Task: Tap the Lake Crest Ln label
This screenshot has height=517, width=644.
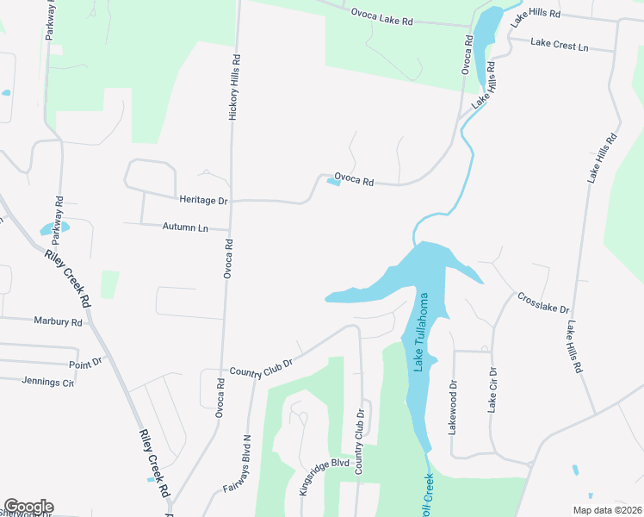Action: [559, 42]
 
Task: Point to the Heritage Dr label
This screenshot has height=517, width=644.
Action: [203, 201]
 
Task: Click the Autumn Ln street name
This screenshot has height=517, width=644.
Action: [185, 227]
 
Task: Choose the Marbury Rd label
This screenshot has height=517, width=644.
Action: [58, 322]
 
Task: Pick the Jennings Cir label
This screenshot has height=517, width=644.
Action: [48, 382]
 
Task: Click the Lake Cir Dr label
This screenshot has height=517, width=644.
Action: [492, 390]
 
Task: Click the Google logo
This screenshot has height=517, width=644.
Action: [28, 507]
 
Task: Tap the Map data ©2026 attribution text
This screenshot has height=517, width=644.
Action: [606, 510]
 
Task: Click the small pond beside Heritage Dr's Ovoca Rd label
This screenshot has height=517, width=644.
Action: [333, 181]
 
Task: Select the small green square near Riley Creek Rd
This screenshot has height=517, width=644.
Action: [109, 283]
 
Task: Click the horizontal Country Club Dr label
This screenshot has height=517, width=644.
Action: [261, 365]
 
